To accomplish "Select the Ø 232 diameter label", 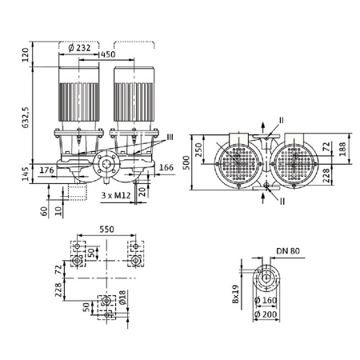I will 83,47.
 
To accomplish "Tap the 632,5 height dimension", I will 26,113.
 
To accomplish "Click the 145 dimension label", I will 26,171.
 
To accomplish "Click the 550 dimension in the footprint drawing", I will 106,229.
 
